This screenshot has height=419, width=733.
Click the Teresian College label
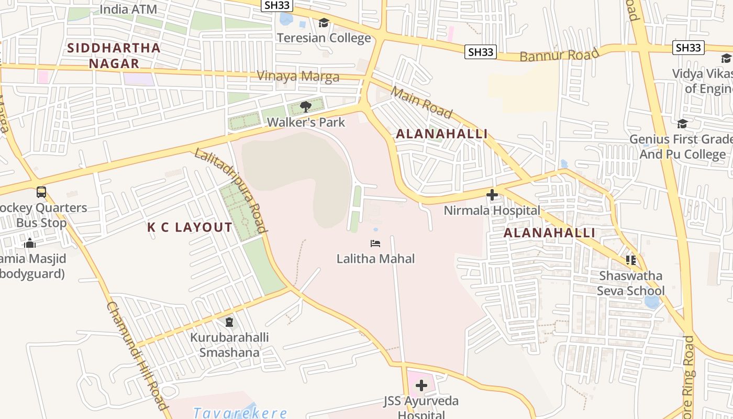pos(324,38)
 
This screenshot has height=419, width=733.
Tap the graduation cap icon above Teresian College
pos(324,23)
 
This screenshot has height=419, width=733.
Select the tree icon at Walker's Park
pos(306,107)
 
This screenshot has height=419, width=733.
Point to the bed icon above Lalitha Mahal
pos(375,244)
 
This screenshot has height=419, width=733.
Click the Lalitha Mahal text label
pos(375,259)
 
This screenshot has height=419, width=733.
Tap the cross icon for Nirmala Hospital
pos(492,195)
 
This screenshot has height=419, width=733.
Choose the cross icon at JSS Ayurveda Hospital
pos(421,386)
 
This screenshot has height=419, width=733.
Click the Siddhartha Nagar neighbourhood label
pos(114,56)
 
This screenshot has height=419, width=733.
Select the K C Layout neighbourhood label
pos(190,227)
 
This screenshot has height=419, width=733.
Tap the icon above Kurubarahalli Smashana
pos(229,322)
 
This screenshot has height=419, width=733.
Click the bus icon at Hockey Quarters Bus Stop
pos(41,192)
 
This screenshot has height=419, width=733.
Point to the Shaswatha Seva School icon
pos(630,260)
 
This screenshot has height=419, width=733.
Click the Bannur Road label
pos(559,55)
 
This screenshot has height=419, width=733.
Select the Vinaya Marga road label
pos(298,76)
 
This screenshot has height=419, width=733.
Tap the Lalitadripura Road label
pos(231,190)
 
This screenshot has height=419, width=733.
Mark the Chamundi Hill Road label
pos(137,356)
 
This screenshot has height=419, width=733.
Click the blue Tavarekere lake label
pos(240,413)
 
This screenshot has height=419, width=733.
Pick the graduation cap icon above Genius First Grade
pos(682,124)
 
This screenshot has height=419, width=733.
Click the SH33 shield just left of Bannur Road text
pos(481,52)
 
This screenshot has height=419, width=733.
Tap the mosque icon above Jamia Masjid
pos(30,244)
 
